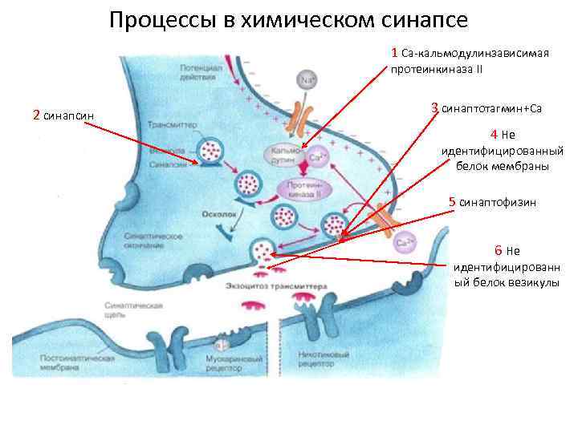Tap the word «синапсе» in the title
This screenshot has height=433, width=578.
point(425,19)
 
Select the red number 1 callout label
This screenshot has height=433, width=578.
point(394,53)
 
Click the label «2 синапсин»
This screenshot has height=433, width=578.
point(63,115)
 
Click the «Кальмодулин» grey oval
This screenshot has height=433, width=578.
point(283,156)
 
